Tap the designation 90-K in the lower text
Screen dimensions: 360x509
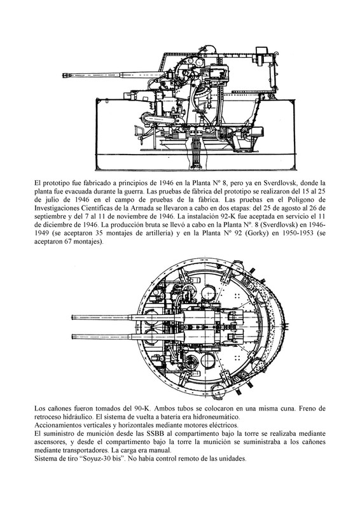141,408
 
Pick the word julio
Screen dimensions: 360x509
49,199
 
